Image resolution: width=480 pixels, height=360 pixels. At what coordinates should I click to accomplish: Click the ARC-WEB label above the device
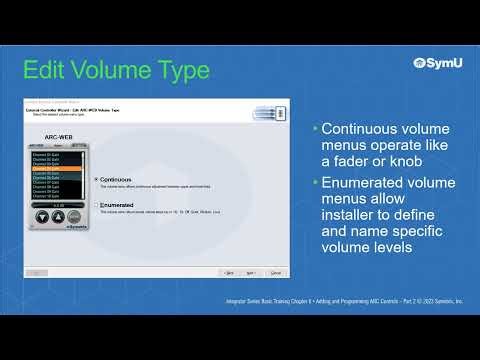(58, 137)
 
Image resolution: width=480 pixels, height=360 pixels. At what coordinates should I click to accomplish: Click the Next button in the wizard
(253, 272)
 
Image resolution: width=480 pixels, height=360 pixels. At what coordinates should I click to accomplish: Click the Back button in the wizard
(229, 272)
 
